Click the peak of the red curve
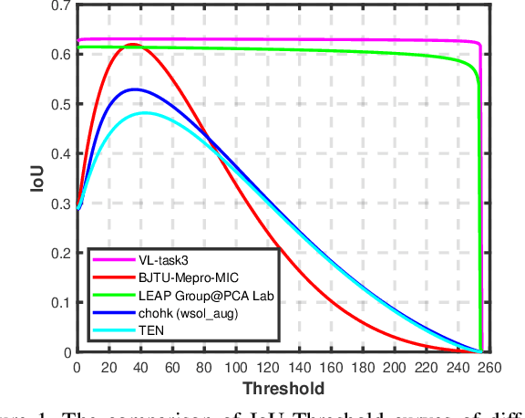tap(132, 44)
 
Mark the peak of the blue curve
tap(135, 89)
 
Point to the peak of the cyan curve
tap(142, 113)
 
